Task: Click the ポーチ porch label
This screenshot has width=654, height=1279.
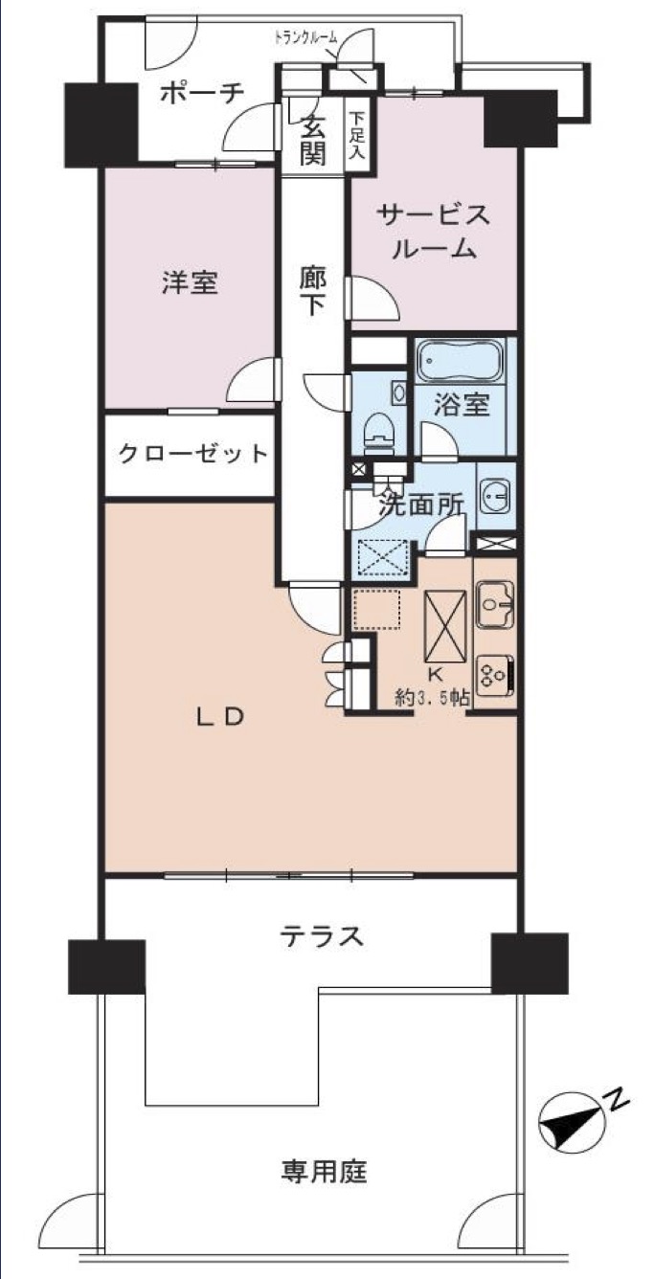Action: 202,94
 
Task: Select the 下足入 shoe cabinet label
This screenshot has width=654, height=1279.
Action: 357,135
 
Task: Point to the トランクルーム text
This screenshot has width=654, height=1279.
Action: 306,38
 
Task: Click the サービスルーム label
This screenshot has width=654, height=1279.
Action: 434,233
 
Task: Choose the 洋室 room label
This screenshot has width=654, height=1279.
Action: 191,282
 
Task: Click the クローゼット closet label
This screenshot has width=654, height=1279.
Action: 193,455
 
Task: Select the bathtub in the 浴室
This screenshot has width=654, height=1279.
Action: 461,362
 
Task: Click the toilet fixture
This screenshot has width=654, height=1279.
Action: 380,431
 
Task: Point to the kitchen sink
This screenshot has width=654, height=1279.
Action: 495,605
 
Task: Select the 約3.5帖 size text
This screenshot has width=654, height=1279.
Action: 434,697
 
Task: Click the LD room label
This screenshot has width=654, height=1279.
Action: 220,717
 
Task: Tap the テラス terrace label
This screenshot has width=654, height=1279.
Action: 322,936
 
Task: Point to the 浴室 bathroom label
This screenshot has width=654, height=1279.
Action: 462,405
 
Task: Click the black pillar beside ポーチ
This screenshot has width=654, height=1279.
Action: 101,123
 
